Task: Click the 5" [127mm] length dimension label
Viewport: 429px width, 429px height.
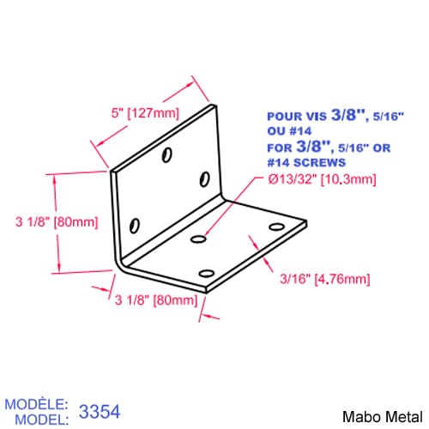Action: [145, 113]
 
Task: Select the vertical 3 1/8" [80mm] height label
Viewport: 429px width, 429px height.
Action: [57, 221]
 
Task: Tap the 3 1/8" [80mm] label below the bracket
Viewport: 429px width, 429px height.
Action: [156, 300]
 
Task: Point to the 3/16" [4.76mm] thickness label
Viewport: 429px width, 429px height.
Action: [325, 279]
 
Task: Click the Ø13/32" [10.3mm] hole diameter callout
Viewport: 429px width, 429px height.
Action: [322, 179]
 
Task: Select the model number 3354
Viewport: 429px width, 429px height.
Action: [100, 412]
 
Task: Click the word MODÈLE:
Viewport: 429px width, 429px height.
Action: [36, 404]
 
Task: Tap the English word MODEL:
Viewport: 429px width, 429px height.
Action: [42, 420]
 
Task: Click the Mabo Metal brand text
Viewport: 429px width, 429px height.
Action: [383, 417]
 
